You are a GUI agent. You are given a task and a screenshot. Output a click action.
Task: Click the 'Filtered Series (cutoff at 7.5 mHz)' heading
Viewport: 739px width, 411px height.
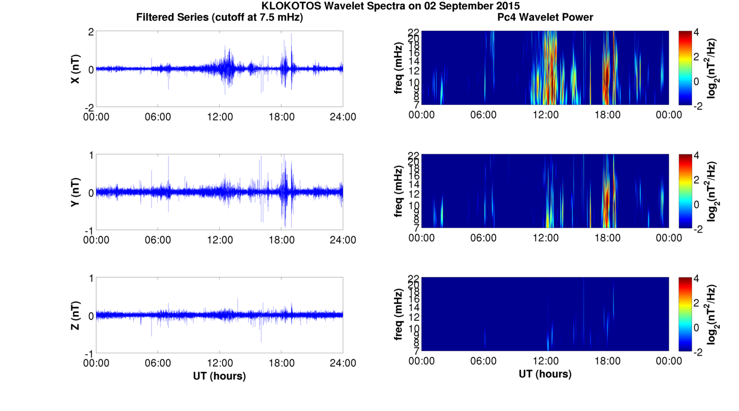coord(219,18)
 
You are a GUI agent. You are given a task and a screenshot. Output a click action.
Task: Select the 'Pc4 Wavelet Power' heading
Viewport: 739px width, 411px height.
coord(545,18)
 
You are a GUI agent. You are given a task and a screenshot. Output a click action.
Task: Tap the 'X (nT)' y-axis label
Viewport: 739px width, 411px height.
coord(76,69)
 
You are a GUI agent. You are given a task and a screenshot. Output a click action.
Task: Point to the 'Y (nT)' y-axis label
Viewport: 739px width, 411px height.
coord(76,192)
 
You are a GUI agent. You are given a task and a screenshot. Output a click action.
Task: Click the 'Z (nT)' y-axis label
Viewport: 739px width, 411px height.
coord(76,316)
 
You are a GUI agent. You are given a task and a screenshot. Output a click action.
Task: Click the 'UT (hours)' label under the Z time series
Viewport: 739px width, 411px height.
coord(219,376)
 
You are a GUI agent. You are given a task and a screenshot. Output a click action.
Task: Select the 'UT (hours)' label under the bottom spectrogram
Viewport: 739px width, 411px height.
coord(545,374)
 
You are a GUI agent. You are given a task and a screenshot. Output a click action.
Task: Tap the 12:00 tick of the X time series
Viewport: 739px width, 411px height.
coord(220,117)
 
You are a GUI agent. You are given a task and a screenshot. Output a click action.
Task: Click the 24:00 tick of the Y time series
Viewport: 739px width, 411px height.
coord(343,240)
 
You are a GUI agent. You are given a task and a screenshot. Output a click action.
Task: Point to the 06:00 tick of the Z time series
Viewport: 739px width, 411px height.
coord(158,363)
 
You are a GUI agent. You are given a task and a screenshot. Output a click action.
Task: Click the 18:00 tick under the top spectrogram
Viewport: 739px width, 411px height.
coord(607,115)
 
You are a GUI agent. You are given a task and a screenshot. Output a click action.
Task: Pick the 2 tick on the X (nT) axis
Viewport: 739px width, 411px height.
coord(91,32)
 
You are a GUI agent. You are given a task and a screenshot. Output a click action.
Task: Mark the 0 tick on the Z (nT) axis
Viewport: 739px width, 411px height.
coord(91,316)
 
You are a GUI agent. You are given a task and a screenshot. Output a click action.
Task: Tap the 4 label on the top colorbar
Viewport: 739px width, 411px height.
coord(699,32)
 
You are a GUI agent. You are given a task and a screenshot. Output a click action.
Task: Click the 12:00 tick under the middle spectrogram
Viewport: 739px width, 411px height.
coord(546,238)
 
